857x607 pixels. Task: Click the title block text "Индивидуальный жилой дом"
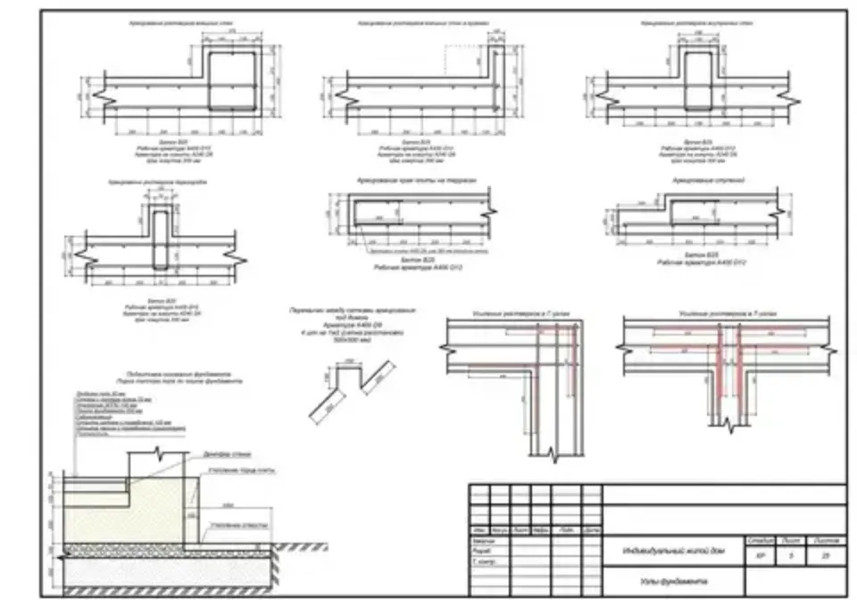[673, 552]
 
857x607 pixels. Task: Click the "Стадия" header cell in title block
[761, 540]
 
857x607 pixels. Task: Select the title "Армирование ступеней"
[702, 179]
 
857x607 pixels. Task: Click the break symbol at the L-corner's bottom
[555, 458]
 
